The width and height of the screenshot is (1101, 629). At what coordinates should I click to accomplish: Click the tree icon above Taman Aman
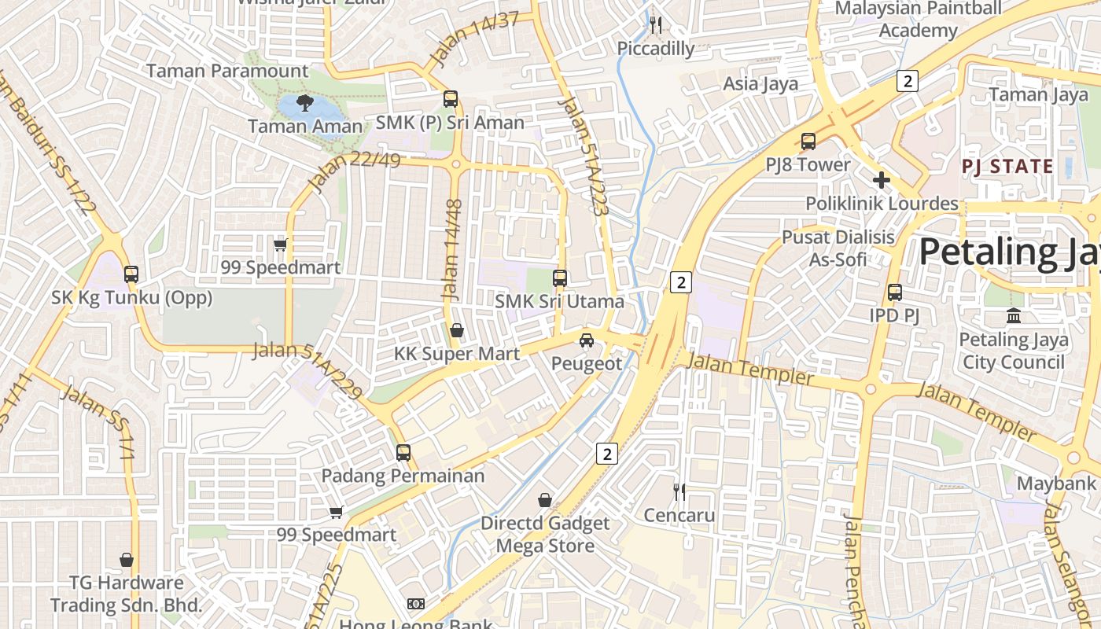click(305, 103)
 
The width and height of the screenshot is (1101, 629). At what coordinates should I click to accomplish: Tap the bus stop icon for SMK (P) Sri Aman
click(451, 99)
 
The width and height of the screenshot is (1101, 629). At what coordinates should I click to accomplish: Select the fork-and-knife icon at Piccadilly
click(656, 25)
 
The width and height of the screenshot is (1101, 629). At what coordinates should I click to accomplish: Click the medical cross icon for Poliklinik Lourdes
click(882, 180)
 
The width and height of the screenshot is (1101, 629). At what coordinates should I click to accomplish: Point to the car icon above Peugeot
click(586, 340)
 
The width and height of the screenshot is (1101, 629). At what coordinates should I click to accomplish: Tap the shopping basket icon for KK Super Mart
click(457, 330)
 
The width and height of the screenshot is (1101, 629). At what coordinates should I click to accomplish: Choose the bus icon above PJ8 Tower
click(808, 142)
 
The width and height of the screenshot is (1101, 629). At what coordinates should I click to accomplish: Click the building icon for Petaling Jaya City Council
click(1014, 316)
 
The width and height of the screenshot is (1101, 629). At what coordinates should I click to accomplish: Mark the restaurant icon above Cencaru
click(679, 492)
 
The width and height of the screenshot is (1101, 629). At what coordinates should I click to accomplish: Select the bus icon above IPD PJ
click(895, 292)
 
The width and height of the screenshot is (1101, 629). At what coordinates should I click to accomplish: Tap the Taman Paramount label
click(228, 71)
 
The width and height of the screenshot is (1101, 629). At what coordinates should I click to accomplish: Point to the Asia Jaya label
click(760, 83)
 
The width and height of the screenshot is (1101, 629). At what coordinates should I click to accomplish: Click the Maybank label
click(1056, 483)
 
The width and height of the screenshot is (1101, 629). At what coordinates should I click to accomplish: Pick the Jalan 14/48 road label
click(451, 249)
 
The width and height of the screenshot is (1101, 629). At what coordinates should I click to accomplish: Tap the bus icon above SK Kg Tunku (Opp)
click(131, 274)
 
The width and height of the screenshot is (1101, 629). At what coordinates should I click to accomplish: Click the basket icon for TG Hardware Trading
click(127, 560)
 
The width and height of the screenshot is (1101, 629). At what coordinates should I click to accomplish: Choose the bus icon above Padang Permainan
click(403, 453)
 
